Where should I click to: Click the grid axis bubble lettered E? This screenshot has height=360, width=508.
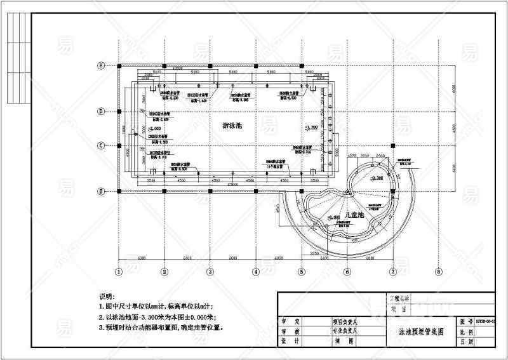(x=100, y=65)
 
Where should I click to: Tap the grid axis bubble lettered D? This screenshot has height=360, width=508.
(x=100, y=111)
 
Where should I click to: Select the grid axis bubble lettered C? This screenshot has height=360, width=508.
(x=100, y=145)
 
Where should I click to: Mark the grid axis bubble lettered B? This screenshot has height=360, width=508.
(x=100, y=191)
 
